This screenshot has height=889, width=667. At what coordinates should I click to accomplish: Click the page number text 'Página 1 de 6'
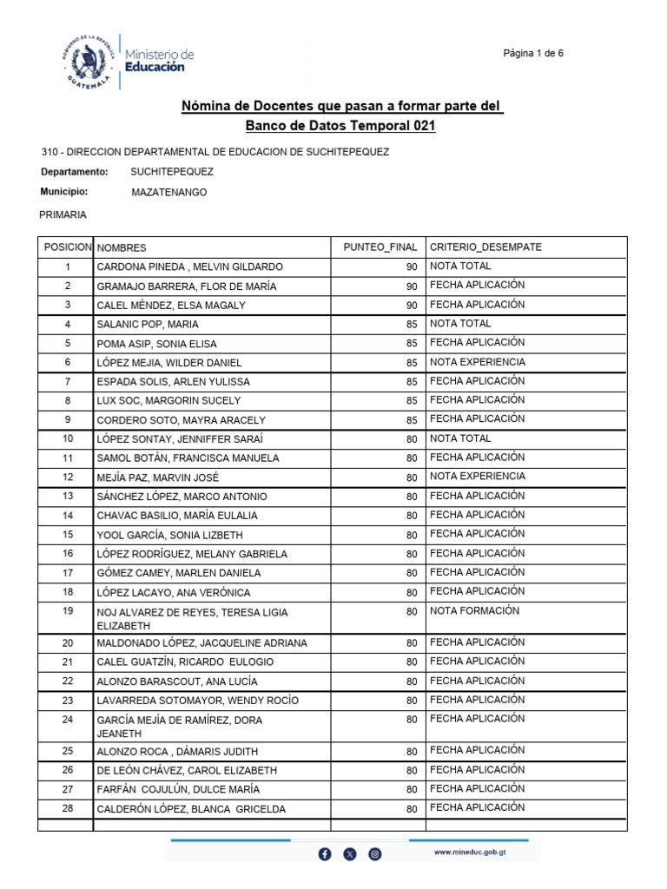(x=533, y=53)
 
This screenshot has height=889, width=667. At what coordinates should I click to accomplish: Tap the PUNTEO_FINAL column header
(x=380, y=247)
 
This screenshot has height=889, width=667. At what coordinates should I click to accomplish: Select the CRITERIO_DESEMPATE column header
(x=485, y=247)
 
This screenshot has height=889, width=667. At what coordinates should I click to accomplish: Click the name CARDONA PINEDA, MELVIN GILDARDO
(x=189, y=267)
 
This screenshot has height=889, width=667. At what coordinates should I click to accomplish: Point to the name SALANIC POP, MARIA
(x=148, y=325)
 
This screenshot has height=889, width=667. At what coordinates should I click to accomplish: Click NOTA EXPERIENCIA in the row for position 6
(x=477, y=362)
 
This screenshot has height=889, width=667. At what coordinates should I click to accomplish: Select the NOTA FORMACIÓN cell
(x=474, y=611)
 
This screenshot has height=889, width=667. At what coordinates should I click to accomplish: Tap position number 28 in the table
(x=68, y=809)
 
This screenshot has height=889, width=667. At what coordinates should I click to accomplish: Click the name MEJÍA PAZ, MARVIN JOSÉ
(x=157, y=477)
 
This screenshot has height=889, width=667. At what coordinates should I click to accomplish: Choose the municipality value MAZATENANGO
(x=168, y=193)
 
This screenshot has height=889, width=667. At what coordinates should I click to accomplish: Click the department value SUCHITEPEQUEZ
(x=171, y=172)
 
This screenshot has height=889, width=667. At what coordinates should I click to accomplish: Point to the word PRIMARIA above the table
(x=63, y=214)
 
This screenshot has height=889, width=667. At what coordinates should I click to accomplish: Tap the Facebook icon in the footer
(x=325, y=854)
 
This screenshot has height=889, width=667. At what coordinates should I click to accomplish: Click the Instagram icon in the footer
(x=375, y=854)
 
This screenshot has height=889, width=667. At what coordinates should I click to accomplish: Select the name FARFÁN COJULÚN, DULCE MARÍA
(x=178, y=790)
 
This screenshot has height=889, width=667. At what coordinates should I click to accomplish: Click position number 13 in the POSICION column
(x=68, y=497)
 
